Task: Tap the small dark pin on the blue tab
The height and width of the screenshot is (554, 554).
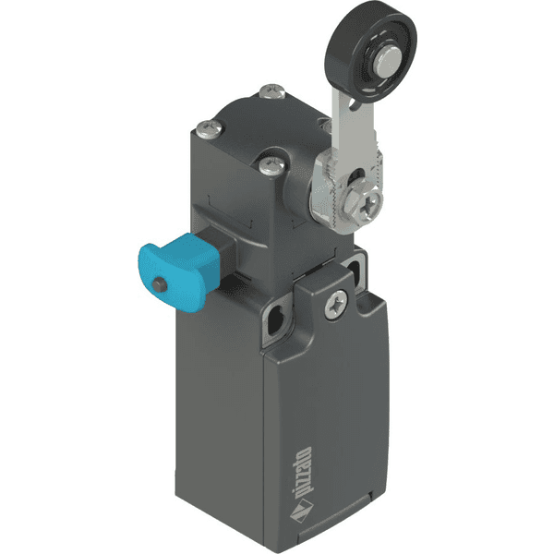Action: click(163, 283)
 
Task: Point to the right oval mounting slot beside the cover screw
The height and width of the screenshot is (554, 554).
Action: click(356, 269)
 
